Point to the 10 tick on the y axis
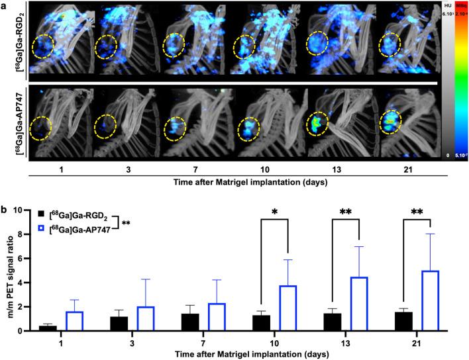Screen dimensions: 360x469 coord(20,210)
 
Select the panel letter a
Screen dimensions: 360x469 coord(5,5)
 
